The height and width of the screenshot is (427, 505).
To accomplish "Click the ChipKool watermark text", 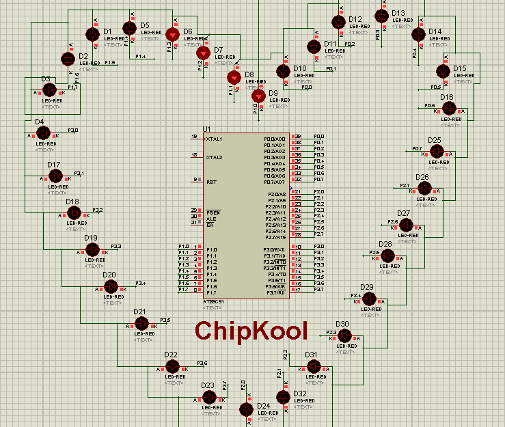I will [251, 330].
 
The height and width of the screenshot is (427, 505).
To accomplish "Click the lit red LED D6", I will [173, 34].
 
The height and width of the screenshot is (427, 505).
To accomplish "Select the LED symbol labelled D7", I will [202, 53].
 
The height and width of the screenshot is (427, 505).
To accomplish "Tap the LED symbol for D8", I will [234, 77].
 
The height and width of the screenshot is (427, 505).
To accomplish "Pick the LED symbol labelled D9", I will [258, 95].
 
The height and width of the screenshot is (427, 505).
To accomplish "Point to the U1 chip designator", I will [206, 129].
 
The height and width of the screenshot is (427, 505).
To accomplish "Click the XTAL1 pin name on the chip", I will [214, 139].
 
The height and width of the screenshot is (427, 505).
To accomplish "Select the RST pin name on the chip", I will [211, 182].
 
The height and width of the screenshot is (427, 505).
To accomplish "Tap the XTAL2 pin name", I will [214, 157].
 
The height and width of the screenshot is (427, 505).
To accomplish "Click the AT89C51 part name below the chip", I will [213, 301].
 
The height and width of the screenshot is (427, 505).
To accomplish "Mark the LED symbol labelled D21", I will [141, 325].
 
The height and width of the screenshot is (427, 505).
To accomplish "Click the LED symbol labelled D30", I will [345, 336].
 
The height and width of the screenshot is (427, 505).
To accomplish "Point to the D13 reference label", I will [398, 13].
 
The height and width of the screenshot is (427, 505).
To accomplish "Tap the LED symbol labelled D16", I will [448, 109].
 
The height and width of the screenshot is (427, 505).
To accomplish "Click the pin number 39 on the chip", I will [297, 137].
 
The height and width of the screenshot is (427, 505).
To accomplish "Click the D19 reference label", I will [90, 238].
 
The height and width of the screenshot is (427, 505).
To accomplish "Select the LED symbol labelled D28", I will [387, 256].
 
